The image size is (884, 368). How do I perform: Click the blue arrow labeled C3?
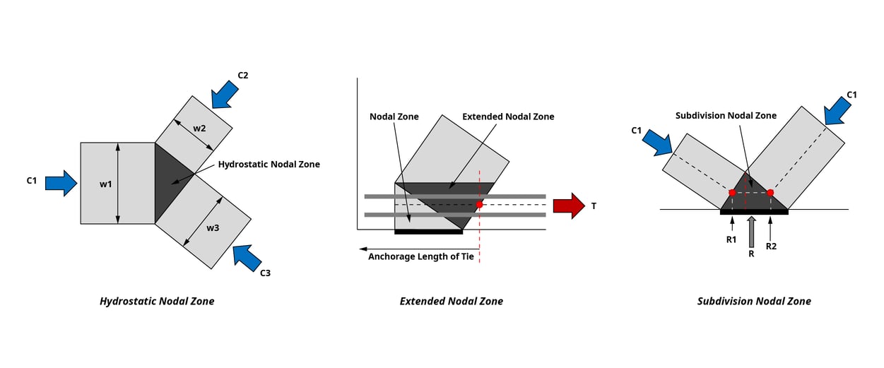247,258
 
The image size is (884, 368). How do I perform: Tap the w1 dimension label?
105,184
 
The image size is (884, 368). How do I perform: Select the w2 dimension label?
199,129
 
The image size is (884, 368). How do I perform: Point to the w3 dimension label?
213,228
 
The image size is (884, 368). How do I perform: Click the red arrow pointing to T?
568,206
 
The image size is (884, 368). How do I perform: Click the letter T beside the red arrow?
594,206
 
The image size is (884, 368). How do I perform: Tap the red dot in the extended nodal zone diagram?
480,205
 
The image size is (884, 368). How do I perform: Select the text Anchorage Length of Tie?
421,256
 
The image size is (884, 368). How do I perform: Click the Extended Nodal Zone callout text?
508,117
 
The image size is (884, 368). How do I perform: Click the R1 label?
731,239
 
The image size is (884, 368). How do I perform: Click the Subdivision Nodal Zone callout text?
726,116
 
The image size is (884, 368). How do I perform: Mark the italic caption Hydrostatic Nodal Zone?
157,302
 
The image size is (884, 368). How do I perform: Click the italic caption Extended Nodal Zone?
452,302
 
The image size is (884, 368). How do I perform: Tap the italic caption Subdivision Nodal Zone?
754,302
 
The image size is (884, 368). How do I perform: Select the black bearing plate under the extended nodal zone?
428,231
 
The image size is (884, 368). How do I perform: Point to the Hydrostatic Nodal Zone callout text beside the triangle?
269,165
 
